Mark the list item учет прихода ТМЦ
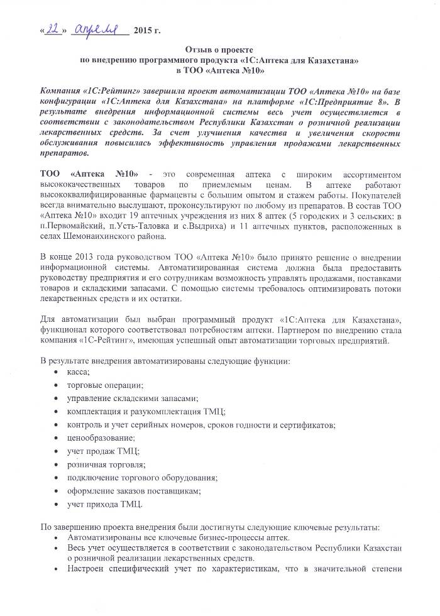tap(104, 503)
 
